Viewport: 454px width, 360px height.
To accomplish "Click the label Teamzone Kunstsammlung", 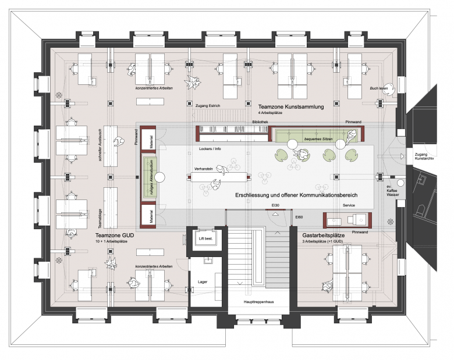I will point(299,106).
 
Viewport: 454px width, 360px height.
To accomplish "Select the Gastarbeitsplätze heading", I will point(329,235).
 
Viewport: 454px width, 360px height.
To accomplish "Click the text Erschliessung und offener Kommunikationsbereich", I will point(296,195).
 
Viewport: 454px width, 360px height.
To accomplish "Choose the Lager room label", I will point(202,281).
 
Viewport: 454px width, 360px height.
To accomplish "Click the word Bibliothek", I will point(260,122).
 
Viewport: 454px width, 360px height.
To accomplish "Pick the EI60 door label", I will point(299,216).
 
